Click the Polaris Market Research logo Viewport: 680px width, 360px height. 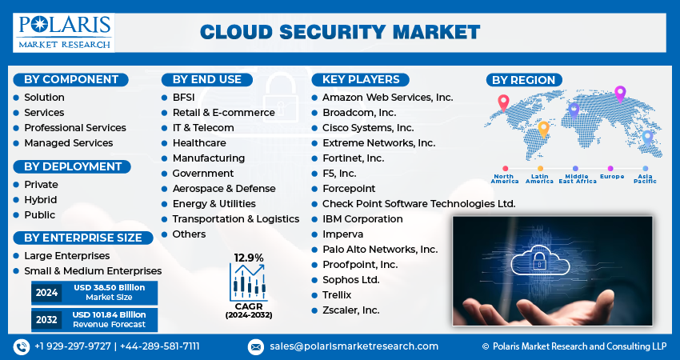(x=63, y=31)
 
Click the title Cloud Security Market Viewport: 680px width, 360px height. (x=339, y=32)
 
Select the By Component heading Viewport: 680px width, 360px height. (x=70, y=79)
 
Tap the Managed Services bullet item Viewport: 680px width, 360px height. (x=68, y=142)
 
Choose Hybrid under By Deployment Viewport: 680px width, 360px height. (x=40, y=200)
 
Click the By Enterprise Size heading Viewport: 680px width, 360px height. (x=82, y=238)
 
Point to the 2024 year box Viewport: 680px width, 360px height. (x=46, y=293)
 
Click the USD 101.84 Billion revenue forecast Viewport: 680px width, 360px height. (x=110, y=319)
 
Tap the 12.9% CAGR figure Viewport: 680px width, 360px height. (x=248, y=258)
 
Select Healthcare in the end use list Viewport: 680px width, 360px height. (x=199, y=142)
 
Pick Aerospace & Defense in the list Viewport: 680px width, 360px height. (x=224, y=188)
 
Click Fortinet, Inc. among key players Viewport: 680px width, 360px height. (x=353, y=158)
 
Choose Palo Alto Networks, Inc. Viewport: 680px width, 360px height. (x=380, y=249)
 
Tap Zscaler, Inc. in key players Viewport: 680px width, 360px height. (x=350, y=310)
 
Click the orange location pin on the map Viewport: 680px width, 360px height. (x=543, y=127)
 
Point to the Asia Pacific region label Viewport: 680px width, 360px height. (x=646, y=178)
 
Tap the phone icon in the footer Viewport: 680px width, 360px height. (x=22, y=346)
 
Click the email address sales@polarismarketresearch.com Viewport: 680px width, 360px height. (x=354, y=346)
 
